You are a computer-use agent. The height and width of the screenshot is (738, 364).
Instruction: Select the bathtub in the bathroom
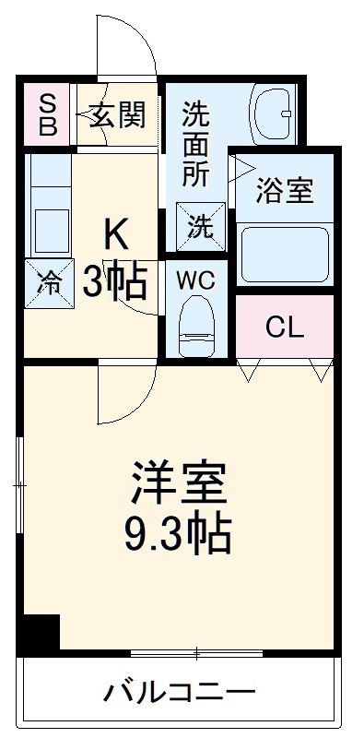coord(284,251)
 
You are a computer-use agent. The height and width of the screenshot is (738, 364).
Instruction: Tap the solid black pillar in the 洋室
coord(41,634)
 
